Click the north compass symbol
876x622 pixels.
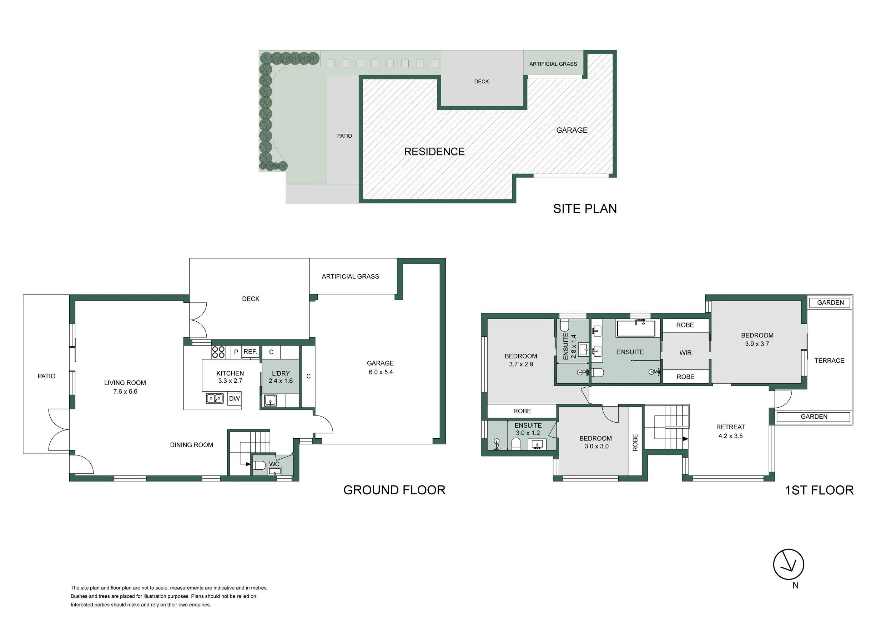tap(788, 565)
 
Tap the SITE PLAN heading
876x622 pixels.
tap(585, 209)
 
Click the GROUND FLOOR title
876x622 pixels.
tap(394, 490)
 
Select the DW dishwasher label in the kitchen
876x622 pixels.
tap(234, 398)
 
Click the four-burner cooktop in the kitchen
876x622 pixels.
tap(218, 352)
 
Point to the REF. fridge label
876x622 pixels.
tap(250, 351)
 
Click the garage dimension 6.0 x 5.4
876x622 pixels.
tap(380, 372)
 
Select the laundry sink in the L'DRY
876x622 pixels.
tap(270, 401)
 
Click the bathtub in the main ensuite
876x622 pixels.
tap(636, 328)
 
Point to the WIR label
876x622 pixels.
tap(685, 353)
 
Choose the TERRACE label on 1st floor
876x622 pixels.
tap(829, 361)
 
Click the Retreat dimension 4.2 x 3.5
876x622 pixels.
tap(730, 436)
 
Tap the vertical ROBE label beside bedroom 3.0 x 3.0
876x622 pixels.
tap(635, 442)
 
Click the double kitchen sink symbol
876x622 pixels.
tap(215, 398)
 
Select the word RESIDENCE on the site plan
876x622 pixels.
tap(434, 152)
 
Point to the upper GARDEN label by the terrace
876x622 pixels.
tap(830, 302)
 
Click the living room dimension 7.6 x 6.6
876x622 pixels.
tap(125, 392)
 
